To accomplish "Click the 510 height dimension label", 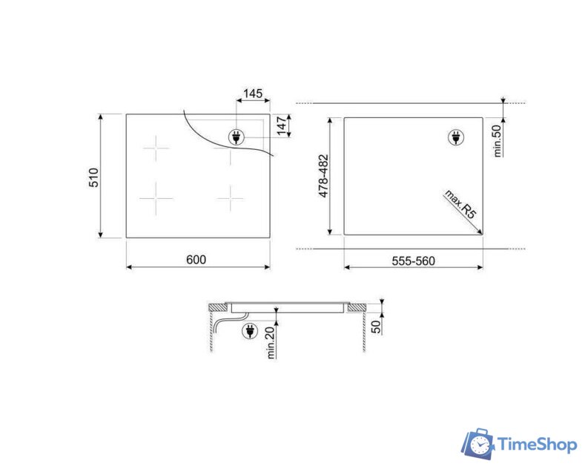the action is click(93, 177).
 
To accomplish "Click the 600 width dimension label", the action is click(196, 260).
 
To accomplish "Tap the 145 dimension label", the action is click(253, 94).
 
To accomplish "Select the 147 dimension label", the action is click(282, 126).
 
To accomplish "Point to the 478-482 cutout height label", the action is click(323, 176).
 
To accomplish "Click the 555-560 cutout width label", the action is click(414, 261).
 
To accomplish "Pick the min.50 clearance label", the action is click(498, 141).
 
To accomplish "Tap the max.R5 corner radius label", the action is click(460, 204).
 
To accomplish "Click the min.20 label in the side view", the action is click(271, 342).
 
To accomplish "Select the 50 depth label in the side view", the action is click(377, 327).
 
